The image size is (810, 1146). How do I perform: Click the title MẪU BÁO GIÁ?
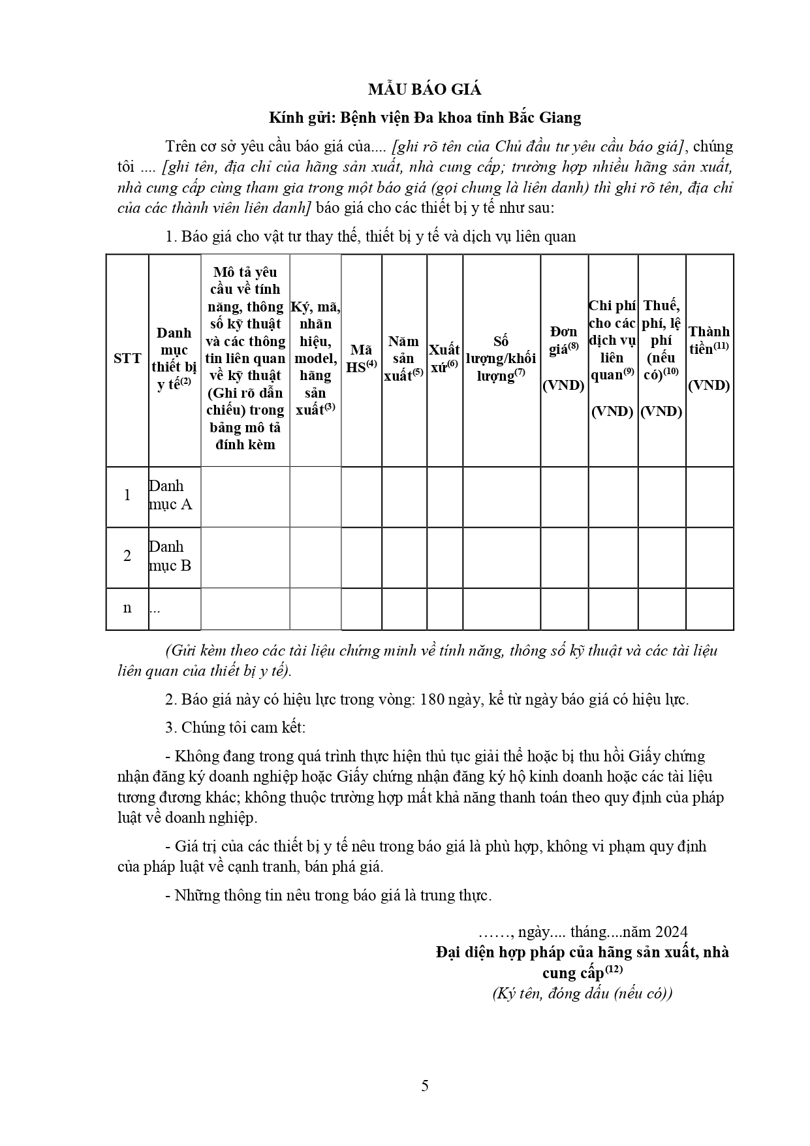[x=424, y=89]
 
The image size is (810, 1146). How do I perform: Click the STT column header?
[x=127, y=358]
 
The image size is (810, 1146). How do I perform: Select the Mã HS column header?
[x=361, y=358]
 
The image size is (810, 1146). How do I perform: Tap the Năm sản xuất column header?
[x=404, y=358]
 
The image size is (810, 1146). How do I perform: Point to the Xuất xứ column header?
[x=444, y=358]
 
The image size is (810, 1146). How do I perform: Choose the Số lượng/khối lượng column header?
[x=501, y=358]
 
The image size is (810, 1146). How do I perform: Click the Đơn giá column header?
[x=564, y=358]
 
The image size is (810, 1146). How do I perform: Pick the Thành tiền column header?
[x=709, y=358]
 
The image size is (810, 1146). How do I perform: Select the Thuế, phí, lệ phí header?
[x=661, y=358]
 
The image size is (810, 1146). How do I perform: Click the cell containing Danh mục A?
[x=171, y=495]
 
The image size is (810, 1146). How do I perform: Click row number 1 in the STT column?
[x=127, y=495]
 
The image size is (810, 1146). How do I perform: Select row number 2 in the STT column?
[x=127, y=556]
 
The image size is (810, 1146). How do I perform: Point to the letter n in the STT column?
[x=127, y=607]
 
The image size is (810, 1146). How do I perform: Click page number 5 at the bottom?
[x=425, y=1086]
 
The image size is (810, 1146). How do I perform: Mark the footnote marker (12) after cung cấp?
[x=614, y=970]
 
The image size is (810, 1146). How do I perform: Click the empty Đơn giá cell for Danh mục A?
[x=564, y=496]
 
